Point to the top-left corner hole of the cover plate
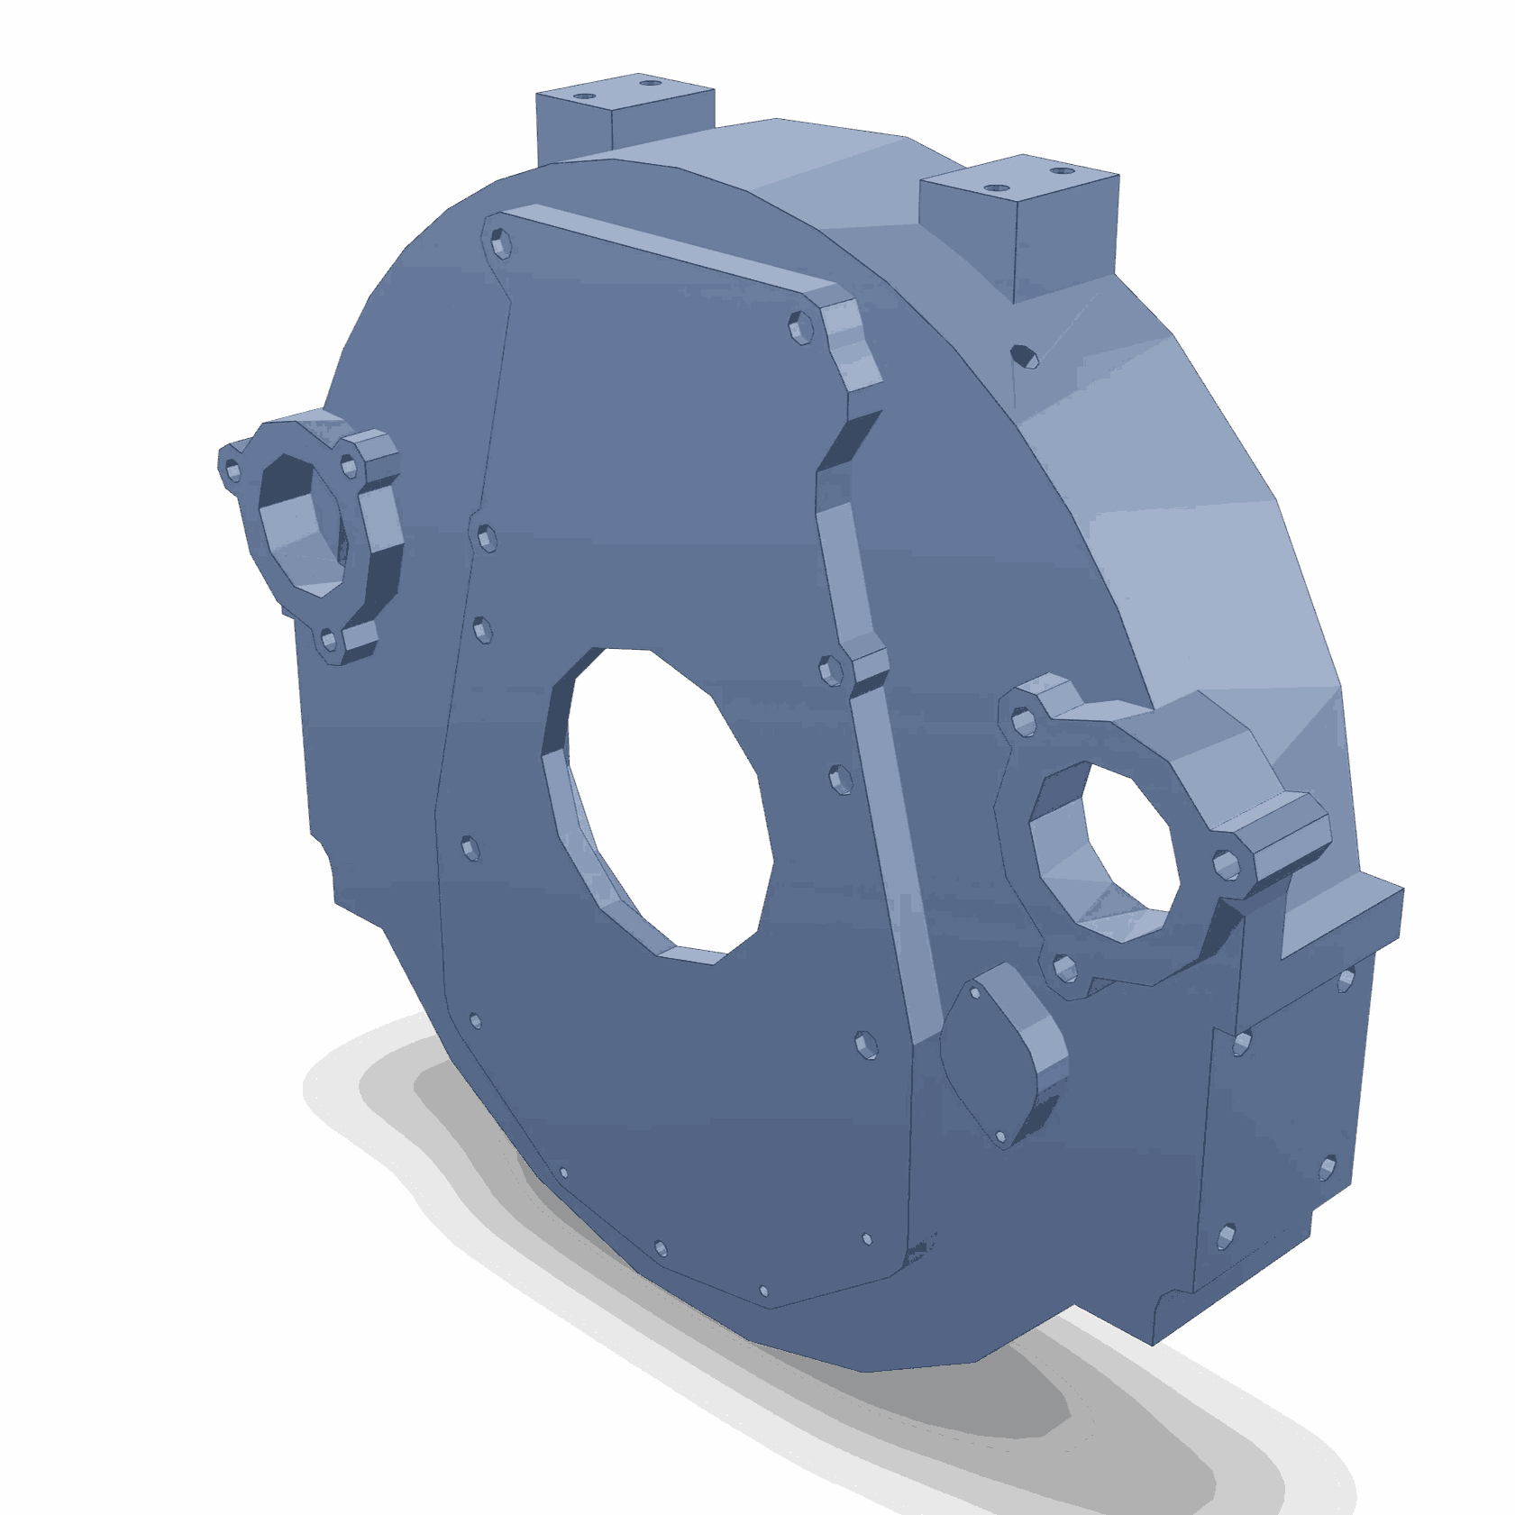tap(498, 242)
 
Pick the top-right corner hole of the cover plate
tap(800, 327)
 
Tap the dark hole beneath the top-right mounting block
tap(1025, 355)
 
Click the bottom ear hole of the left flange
tap(328, 641)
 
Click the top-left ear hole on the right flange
tap(1021, 720)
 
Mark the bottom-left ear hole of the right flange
tap(1064, 969)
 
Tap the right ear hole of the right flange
tap(1227, 865)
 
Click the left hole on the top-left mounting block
tap(586, 94)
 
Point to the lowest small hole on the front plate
tap(764, 1291)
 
